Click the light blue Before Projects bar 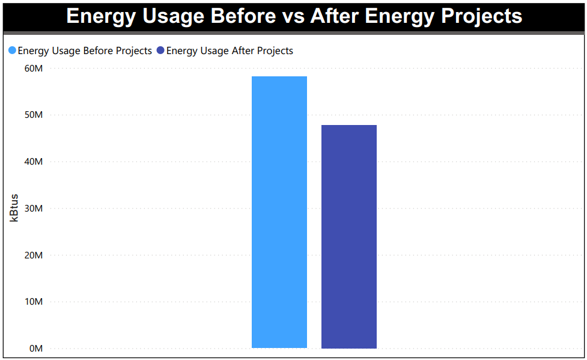click(x=279, y=212)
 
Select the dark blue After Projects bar click(x=348, y=236)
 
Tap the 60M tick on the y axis click(x=33, y=69)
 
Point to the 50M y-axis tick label click(x=33, y=115)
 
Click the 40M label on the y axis click(x=33, y=162)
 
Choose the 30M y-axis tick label click(x=33, y=209)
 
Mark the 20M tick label click(x=33, y=255)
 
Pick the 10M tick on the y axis click(x=33, y=302)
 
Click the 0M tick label click(x=35, y=349)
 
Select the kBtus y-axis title click(x=14, y=208)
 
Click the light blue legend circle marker click(x=12, y=51)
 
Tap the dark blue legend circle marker click(x=160, y=51)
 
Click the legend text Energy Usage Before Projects click(x=85, y=51)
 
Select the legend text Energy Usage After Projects click(x=230, y=51)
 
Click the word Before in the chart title click(x=245, y=16)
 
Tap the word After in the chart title click(x=335, y=16)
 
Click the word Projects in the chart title click(x=481, y=16)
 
